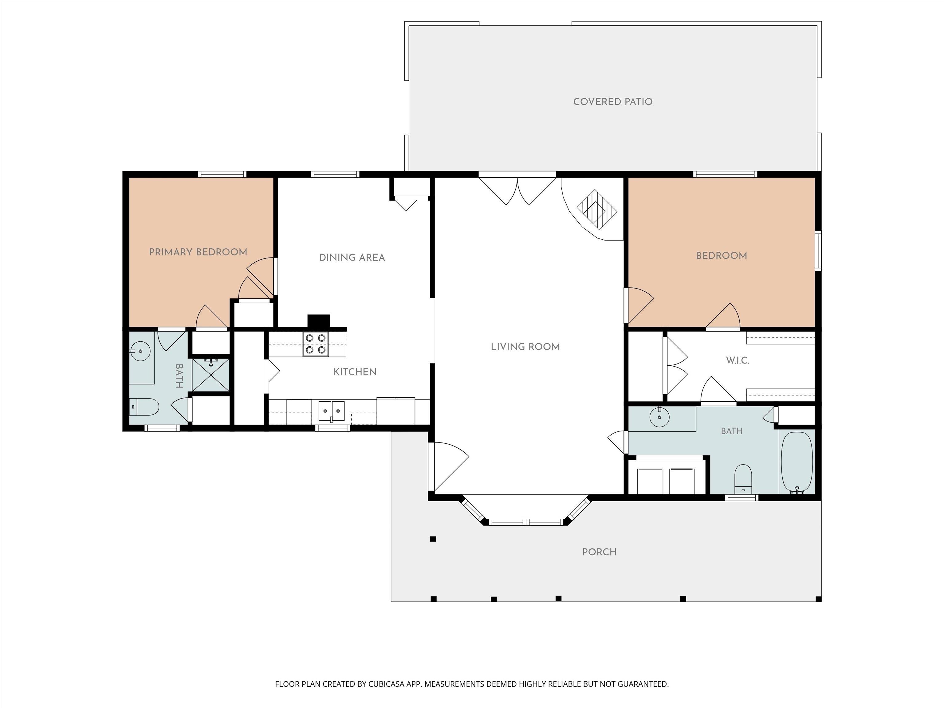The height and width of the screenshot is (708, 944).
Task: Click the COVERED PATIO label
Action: click(x=612, y=102)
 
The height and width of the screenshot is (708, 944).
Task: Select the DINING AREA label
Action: click(x=352, y=257)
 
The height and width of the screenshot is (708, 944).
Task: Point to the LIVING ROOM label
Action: click(x=525, y=347)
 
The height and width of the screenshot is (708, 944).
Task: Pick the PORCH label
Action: click(x=599, y=552)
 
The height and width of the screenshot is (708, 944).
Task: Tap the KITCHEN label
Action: click(x=355, y=372)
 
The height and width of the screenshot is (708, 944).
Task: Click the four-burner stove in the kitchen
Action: click(x=316, y=344)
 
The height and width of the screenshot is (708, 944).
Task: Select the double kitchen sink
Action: click(x=332, y=411)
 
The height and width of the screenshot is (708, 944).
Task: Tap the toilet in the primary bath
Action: click(x=144, y=407)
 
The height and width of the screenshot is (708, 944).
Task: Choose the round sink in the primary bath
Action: click(x=140, y=351)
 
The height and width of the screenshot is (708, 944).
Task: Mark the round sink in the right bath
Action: click(x=660, y=417)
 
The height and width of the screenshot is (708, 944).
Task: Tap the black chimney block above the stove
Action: click(x=319, y=321)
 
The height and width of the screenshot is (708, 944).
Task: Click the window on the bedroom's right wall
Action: click(x=818, y=251)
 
